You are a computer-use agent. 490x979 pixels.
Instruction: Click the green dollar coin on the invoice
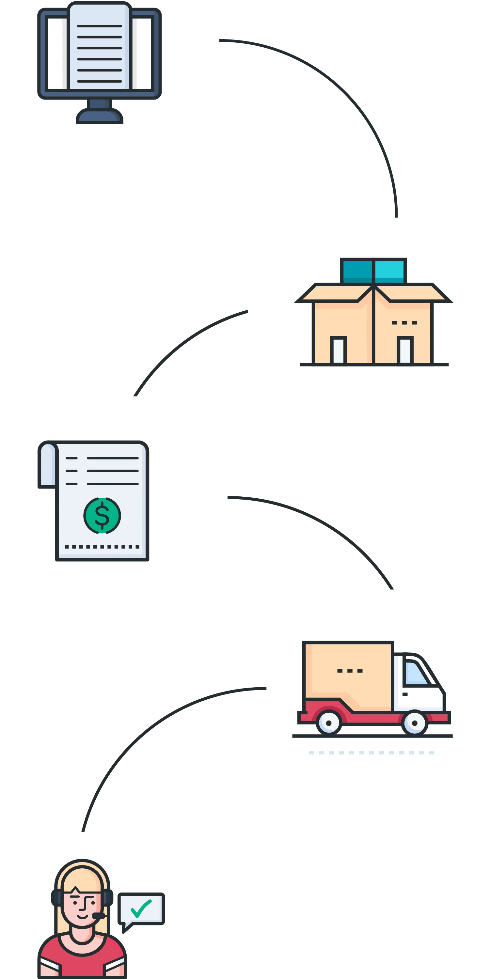tap(102, 515)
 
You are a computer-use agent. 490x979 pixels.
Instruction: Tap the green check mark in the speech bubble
tap(141, 908)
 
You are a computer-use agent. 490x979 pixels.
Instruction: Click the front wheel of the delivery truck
tap(414, 723)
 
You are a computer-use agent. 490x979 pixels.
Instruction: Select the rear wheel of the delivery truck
tap(329, 723)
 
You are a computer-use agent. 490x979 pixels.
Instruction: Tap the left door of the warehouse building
tap(338, 350)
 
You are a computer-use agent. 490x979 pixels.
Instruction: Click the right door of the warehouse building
tap(405, 350)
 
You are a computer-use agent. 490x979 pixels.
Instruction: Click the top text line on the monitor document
tap(99, 26)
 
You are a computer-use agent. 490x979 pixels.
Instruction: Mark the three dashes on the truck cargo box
tap(350, 671)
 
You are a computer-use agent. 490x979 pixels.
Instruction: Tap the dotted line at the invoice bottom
tap(102, 547)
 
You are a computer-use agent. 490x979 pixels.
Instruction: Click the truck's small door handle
tap(405, 694)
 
